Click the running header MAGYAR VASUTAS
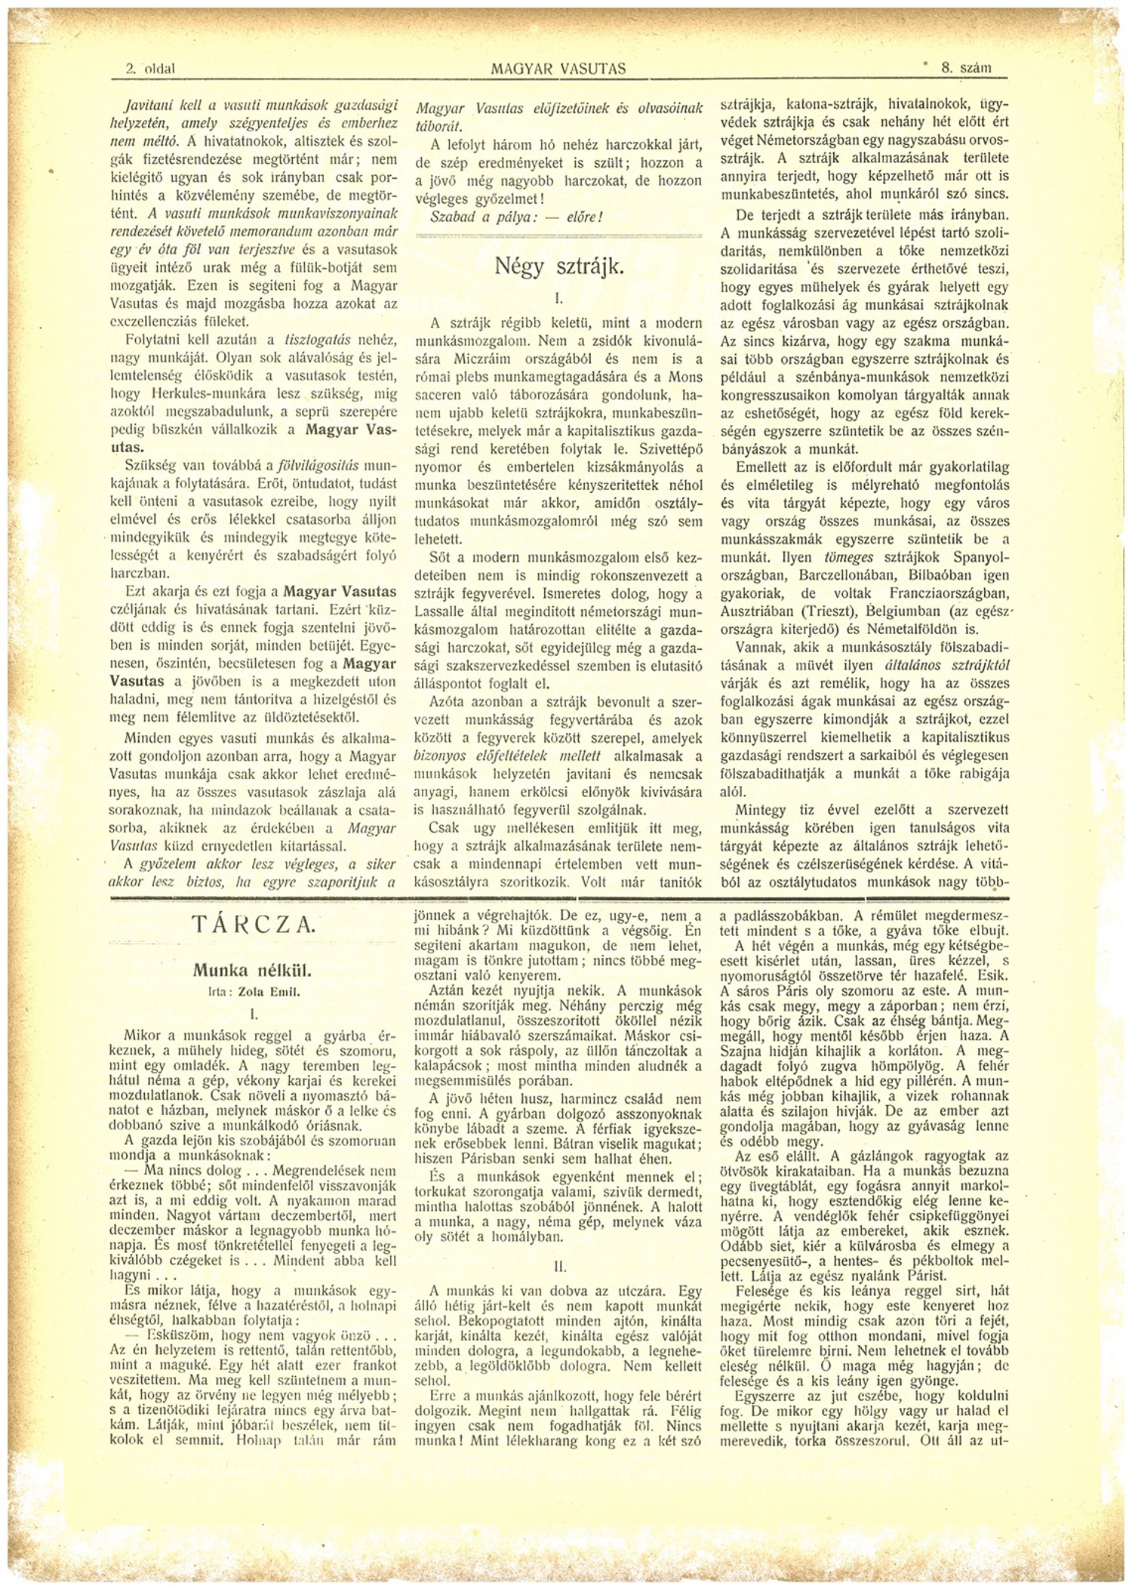(x=558, y=69)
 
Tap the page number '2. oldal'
(x=151, y=69)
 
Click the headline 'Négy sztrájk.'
(x=558, y=266)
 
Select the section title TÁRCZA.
(x=245, y=925)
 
